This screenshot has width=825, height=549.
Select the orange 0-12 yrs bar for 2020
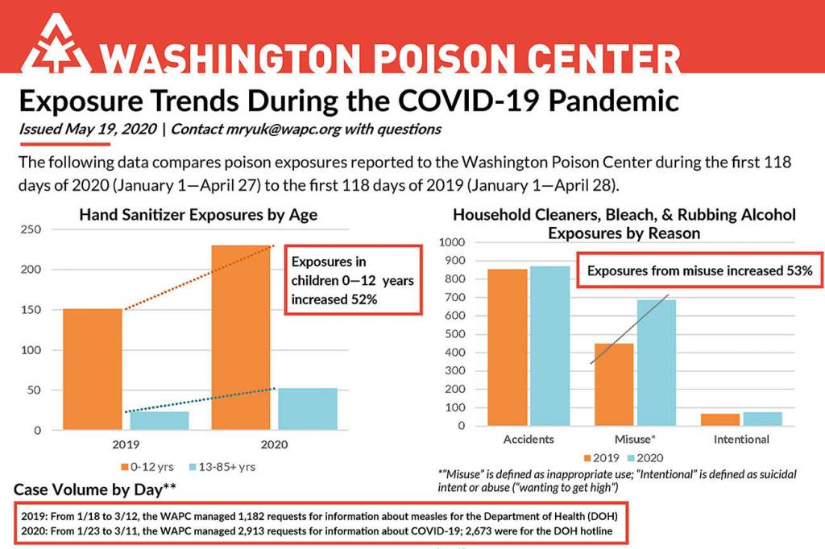(241, 338)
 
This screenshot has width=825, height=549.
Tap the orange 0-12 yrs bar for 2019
(93, 369)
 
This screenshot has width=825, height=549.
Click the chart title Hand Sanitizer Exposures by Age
(197, 215)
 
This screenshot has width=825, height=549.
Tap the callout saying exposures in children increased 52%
(354, 280)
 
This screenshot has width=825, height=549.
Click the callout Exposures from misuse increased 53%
(699, 270)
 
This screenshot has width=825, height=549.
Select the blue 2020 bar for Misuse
(657, 362)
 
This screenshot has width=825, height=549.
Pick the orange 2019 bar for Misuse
(614, 384)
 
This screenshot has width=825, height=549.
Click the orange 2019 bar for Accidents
(507, 347)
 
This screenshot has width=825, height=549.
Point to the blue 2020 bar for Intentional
(763, 419)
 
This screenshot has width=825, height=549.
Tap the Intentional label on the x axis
(741, 440)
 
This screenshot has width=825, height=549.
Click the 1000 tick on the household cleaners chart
(450, 242)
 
